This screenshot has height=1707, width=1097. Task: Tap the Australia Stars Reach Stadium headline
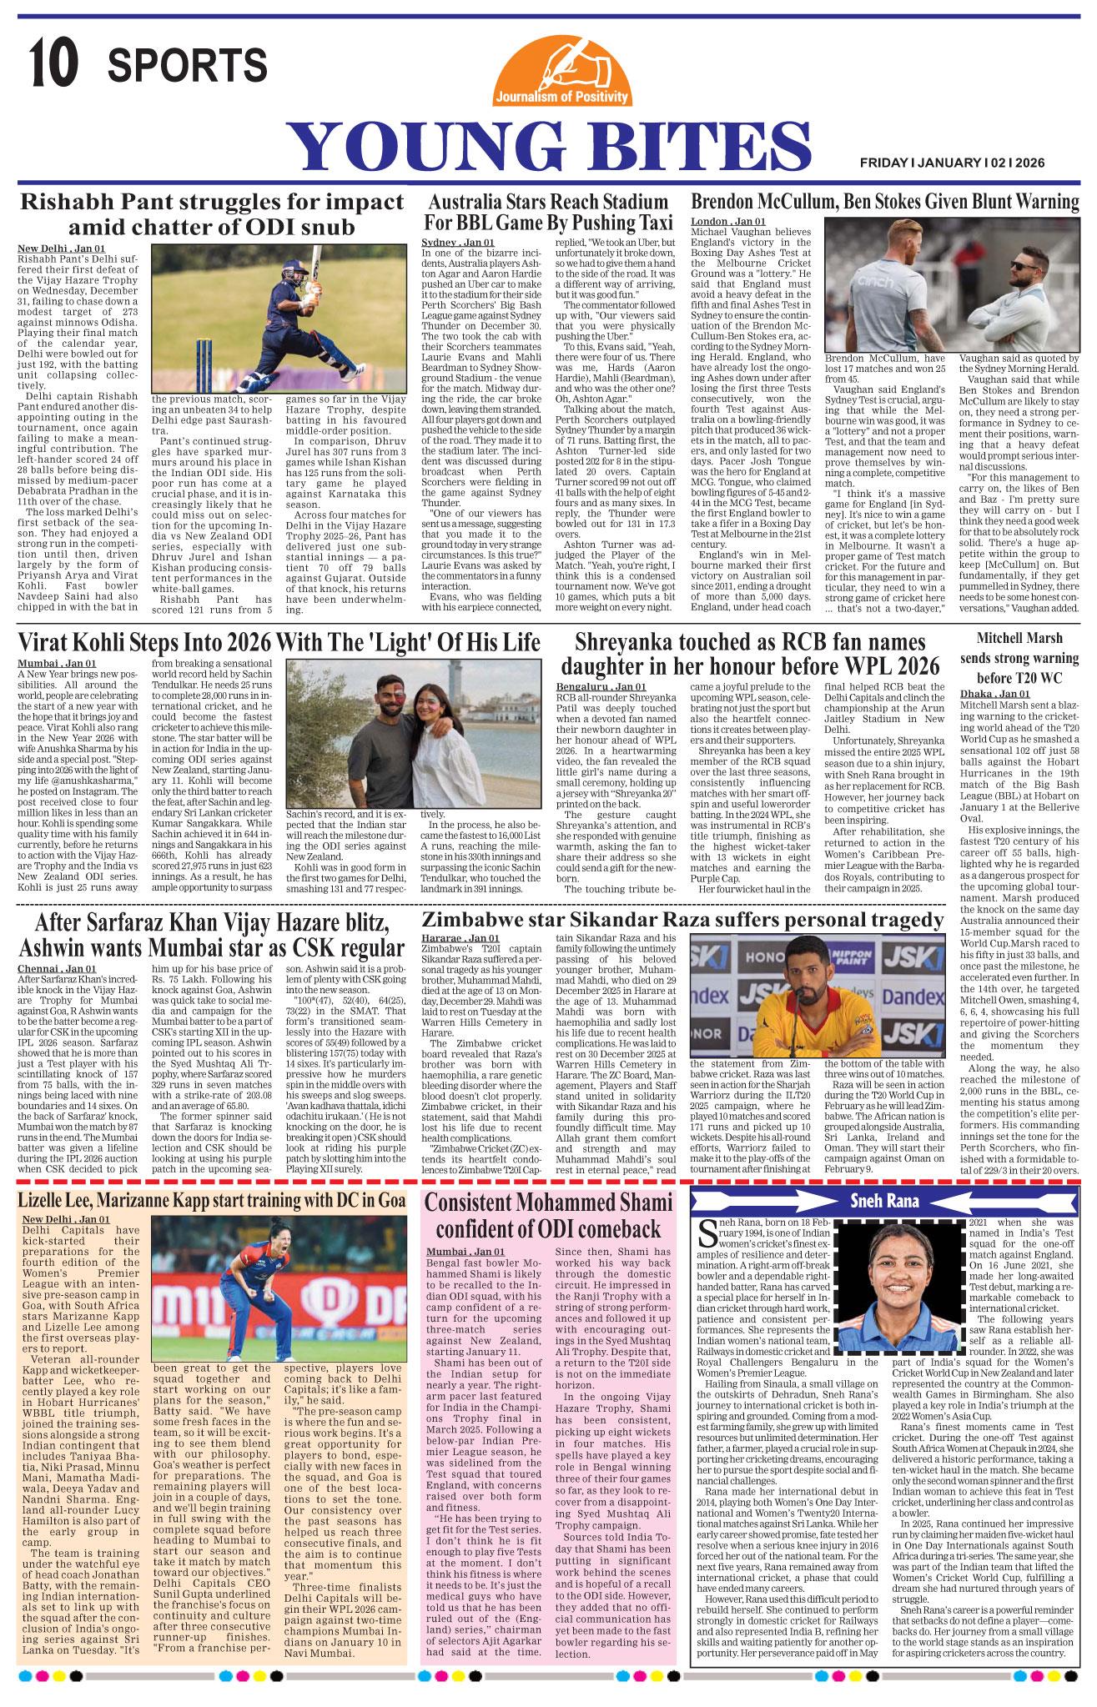(x=547, y=212)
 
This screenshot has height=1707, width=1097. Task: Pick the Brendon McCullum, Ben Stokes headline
(x=884, y=202)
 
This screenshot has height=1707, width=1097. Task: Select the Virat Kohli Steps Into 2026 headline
(x=279, y=641)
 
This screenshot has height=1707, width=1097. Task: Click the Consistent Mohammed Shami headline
(x=549, y=1216)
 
